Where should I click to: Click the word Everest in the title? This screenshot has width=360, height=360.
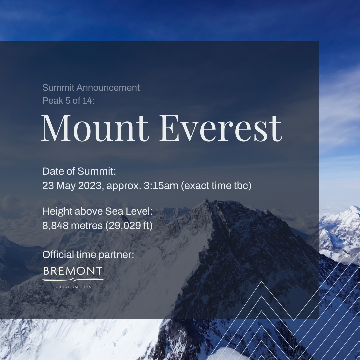click(221, 128)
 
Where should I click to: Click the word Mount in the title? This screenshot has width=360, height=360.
click(95, 128)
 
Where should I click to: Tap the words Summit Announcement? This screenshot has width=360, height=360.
click(91, 88)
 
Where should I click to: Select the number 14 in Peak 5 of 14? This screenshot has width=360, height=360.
click(87, 101)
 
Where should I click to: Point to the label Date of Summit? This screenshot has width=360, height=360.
click(79, 171)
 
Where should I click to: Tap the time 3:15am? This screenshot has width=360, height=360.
click(161, 186)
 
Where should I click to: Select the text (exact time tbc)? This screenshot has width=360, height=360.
click(216, 186)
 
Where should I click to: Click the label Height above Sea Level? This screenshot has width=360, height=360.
click(98, 211)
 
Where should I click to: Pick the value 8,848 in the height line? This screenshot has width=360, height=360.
click(55, 226)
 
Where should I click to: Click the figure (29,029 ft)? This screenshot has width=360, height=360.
click(129, 226)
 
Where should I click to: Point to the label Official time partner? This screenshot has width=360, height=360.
click(88, 255)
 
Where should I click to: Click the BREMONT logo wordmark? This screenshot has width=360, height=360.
click(73, 271)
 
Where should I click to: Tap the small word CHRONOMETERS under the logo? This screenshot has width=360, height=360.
click(73, 287)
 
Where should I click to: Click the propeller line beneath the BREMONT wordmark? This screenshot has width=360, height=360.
click(73, 280)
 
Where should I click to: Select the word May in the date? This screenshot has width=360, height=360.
click(66, 186)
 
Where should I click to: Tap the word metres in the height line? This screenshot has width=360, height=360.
click(87, 226)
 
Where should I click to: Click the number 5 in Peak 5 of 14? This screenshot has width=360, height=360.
click(68, 101)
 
